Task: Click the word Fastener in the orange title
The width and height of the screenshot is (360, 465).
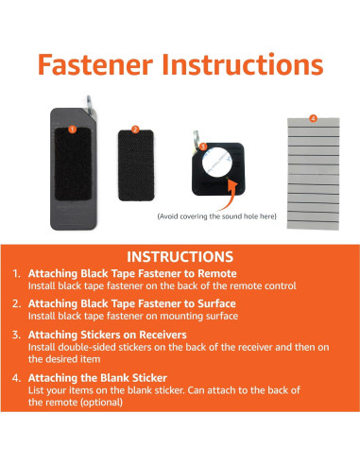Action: (95, 64)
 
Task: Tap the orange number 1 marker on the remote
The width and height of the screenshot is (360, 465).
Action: (73, 129)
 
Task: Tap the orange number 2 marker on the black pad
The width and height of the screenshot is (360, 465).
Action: (135, 129)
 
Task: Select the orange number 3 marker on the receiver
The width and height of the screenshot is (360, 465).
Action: (203, 146)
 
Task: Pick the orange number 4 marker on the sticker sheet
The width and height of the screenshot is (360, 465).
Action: (313, 118)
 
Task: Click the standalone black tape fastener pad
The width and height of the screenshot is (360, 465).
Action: (136, 165)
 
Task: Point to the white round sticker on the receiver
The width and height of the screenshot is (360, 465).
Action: (217, 162)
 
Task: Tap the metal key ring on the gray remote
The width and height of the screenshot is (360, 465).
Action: (90, 106)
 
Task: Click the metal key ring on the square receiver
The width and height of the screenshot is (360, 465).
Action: (196, 139)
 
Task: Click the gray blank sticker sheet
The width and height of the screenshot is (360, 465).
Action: (314, 174)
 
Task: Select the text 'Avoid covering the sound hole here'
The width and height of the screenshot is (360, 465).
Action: (217, 216)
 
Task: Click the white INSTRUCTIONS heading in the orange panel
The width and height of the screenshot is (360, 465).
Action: (180, 257)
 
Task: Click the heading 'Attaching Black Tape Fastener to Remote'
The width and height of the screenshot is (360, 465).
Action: (132, 273)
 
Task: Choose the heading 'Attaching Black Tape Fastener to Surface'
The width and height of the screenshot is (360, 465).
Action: (132, 303)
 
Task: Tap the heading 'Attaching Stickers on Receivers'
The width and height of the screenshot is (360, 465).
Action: (108, 335)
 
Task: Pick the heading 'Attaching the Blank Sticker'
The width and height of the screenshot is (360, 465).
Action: (97, 378)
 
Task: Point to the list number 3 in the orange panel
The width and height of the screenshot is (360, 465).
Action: (16, 335)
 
